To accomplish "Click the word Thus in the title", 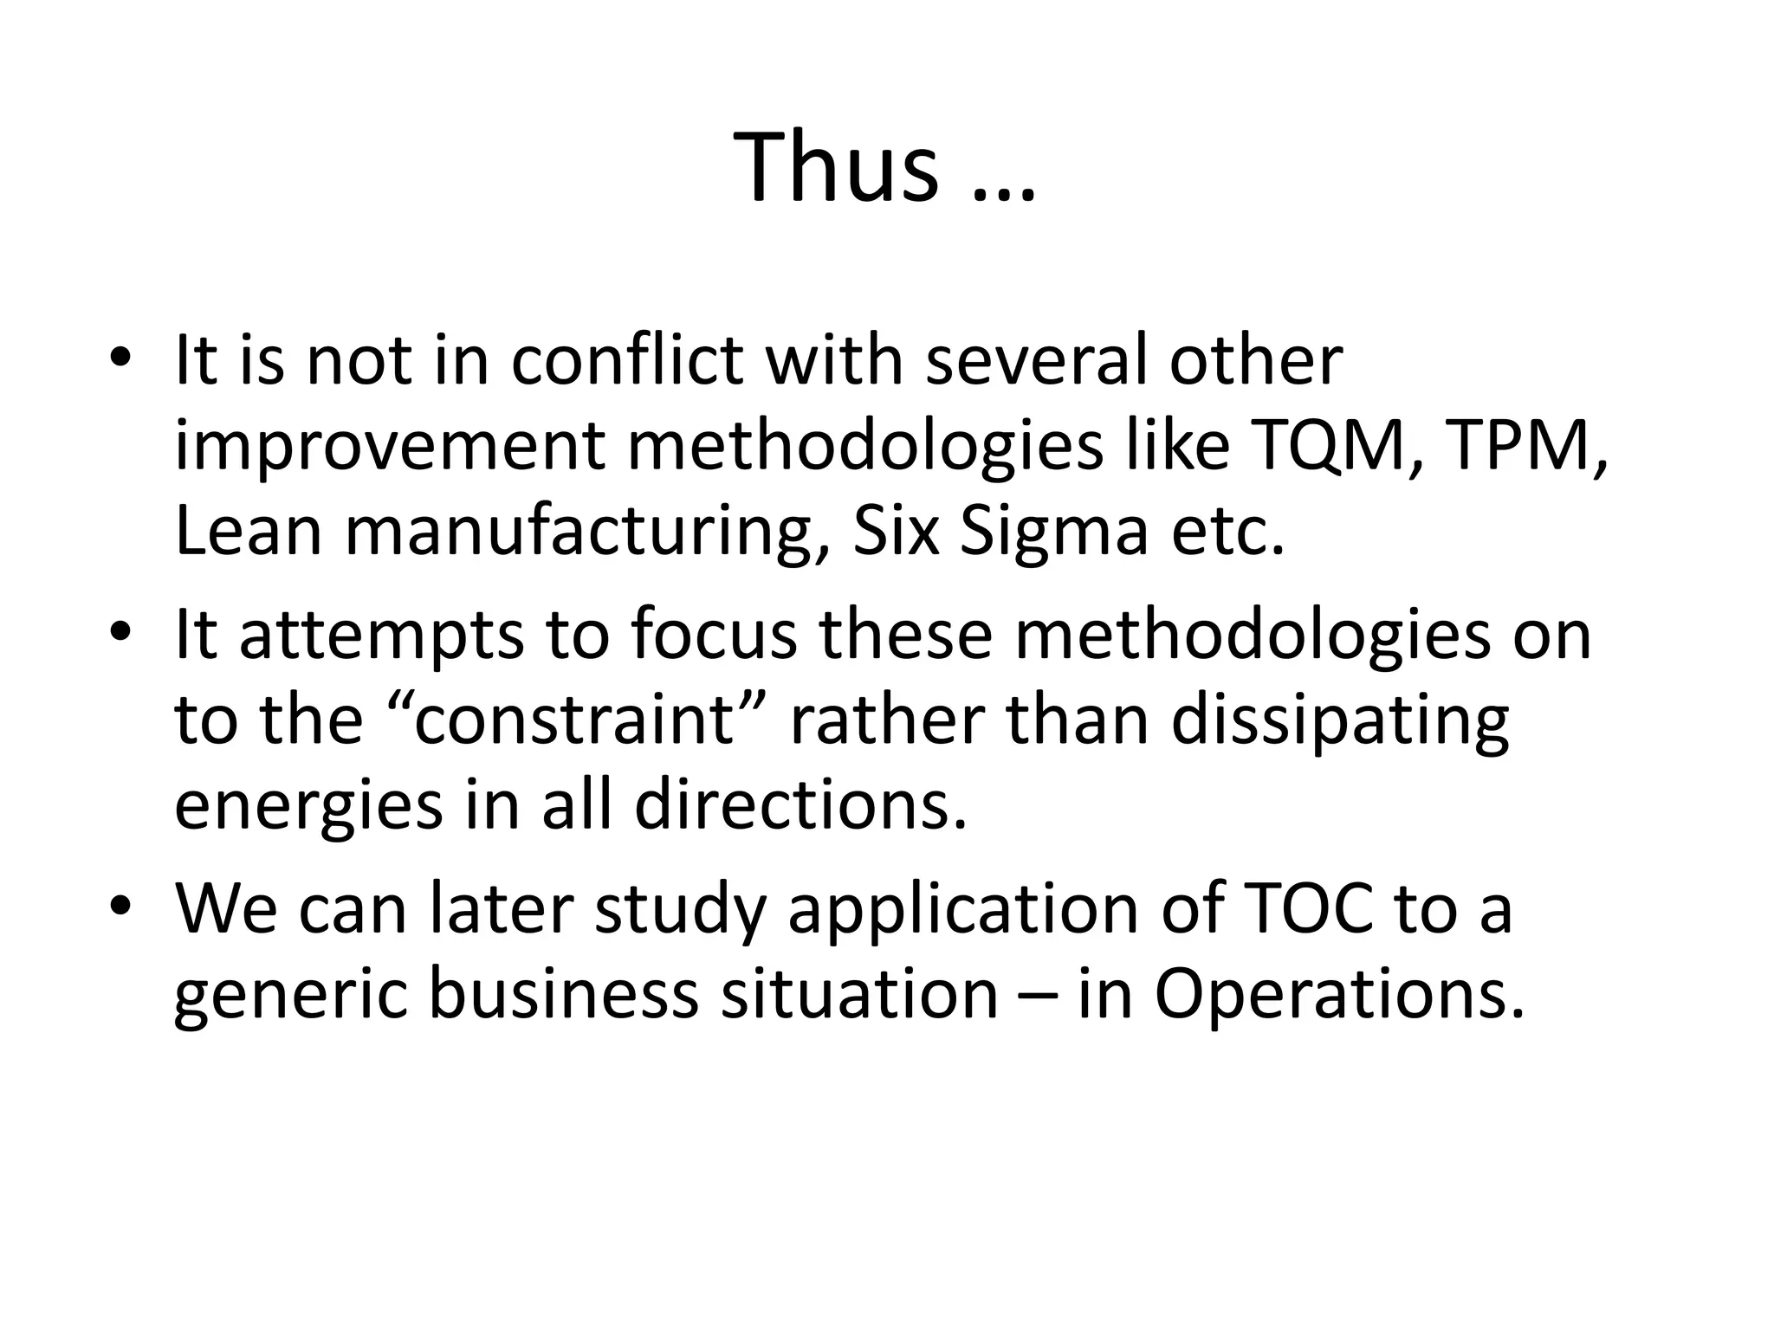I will [836, 166].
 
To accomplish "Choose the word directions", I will [800, 805].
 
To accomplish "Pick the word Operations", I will [1338, 997].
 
